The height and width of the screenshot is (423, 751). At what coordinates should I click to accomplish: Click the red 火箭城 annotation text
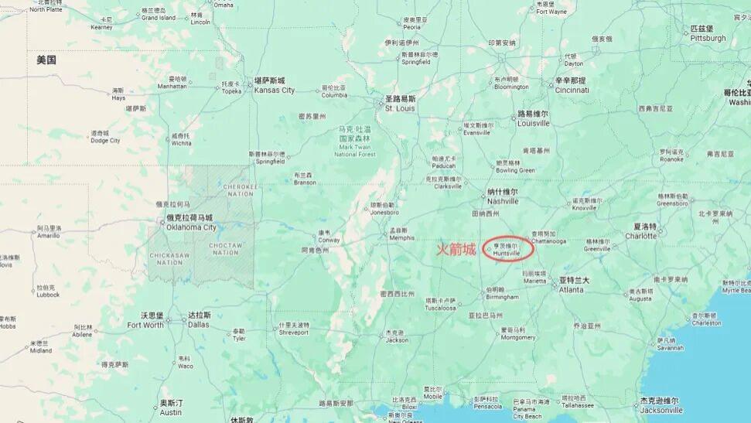point(456,250)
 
